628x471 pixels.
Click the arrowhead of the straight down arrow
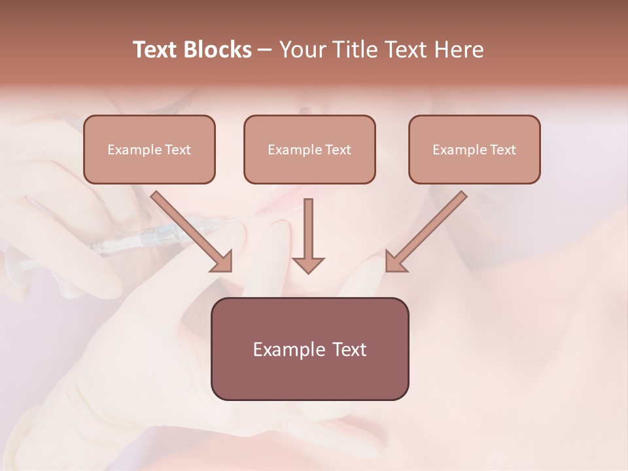[x=308, y=265]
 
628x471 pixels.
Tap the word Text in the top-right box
[x=502, y=150]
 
